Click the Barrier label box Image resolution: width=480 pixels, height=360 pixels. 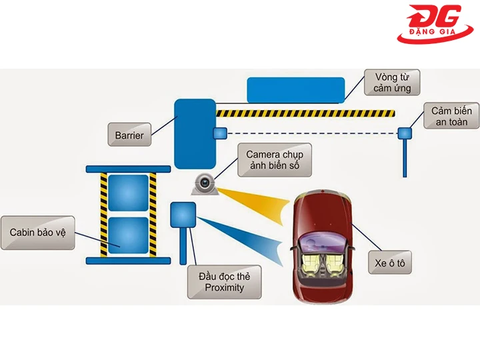click(129, 135)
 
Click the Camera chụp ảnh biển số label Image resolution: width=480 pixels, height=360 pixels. click(269, 161)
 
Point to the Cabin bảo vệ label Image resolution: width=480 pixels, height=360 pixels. click(37, 233)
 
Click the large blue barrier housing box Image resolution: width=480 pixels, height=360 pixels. click(195, 133)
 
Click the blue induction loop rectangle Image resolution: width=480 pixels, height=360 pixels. click(295, 89)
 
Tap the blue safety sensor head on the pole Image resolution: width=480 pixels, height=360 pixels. click(405, 133)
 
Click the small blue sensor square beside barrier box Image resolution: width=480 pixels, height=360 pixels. click(220, 133)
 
